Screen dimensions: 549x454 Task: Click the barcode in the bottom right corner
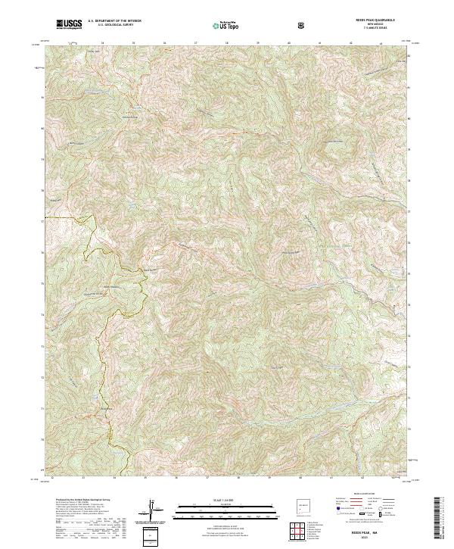tap(439, 517)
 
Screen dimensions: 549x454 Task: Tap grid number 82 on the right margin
tap(409, 56)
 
